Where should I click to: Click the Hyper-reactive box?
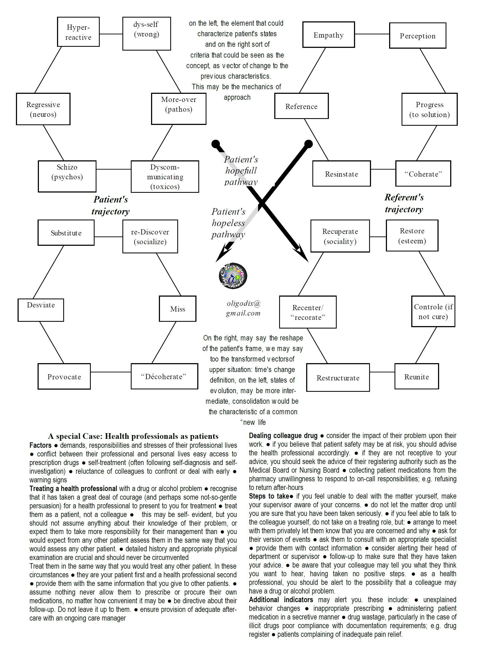[78, 32]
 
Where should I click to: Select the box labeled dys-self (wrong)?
[146, 34]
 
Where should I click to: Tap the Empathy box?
[328, 35]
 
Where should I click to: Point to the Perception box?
[417, 35]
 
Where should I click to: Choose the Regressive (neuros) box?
[43, 109]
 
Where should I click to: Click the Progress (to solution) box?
[429, 109]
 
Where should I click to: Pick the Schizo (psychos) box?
[67, 176]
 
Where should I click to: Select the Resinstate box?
[341, 174]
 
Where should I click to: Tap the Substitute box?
[66, 233]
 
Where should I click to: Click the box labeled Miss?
[178, 309]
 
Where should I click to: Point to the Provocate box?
[64, 376]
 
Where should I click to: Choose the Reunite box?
[416, 376]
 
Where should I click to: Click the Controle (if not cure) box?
[433, 311]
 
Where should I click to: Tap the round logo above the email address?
[233, 276]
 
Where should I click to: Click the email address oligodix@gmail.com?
[243, 308]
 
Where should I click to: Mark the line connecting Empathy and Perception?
[372, 34]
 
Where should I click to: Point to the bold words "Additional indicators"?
[281, 600]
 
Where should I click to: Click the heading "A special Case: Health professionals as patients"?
[133, 436]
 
